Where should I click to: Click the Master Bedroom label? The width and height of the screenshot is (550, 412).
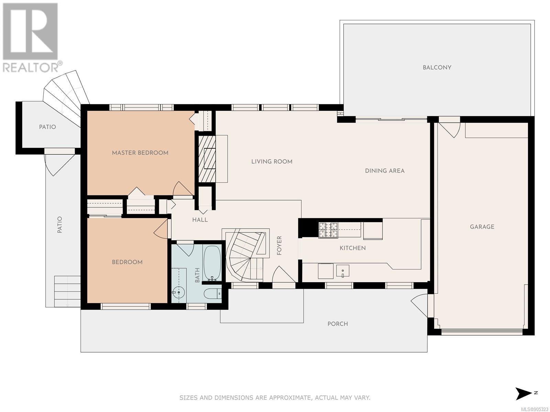(140, 152)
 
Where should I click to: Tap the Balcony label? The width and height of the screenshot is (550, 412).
(437, 67)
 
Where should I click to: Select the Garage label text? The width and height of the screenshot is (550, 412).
(482, 227)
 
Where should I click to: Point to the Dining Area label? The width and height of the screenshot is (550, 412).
(385, 171)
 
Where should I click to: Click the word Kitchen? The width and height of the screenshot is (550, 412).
(353, 248)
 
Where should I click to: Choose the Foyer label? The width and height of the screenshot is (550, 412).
(279, 245)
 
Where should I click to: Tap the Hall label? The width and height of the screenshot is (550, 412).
(200, 220)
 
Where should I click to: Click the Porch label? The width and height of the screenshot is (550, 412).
(338, 324)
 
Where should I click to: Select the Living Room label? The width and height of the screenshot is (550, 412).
(272, 161)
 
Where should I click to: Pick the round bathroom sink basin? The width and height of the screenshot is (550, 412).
(178, 292)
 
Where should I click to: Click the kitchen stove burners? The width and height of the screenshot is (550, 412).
(328, 230)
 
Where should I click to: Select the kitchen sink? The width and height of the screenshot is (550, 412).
(342, 271)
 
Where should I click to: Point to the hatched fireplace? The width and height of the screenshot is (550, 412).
(207, 159)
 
